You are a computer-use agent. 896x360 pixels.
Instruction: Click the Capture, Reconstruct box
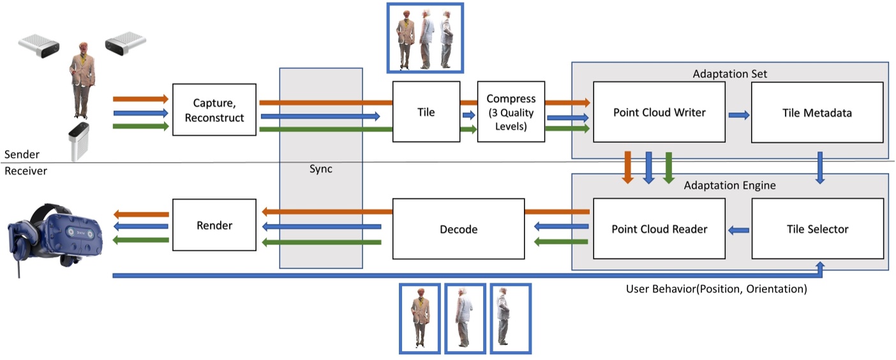[214, 109]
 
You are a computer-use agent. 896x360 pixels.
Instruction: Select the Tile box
[426, 112]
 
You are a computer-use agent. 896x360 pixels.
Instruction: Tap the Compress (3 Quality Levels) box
[511, 112]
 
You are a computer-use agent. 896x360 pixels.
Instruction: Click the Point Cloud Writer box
[659, 112]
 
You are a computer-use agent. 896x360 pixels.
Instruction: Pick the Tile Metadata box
[817, 112]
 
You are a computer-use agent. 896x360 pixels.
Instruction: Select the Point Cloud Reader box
[659, 229]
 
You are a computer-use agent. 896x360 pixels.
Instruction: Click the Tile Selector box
[817, 229]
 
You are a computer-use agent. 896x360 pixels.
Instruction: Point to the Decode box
[458, 229]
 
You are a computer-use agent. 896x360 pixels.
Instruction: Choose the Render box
[214, 225]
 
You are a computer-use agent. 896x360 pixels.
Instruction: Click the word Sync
[320, 170]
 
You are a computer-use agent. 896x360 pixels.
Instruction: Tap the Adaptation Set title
[729, 74]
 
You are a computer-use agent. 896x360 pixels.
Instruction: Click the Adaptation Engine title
[729, 186]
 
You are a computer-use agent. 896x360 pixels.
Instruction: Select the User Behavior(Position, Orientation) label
[717, 289]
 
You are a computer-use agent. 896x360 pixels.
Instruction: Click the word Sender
[21, 154]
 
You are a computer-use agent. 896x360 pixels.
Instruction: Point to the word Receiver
[25, 171]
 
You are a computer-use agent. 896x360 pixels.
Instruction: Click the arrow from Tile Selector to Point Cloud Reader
[738, 230]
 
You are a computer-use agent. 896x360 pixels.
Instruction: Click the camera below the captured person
[79, 140]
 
